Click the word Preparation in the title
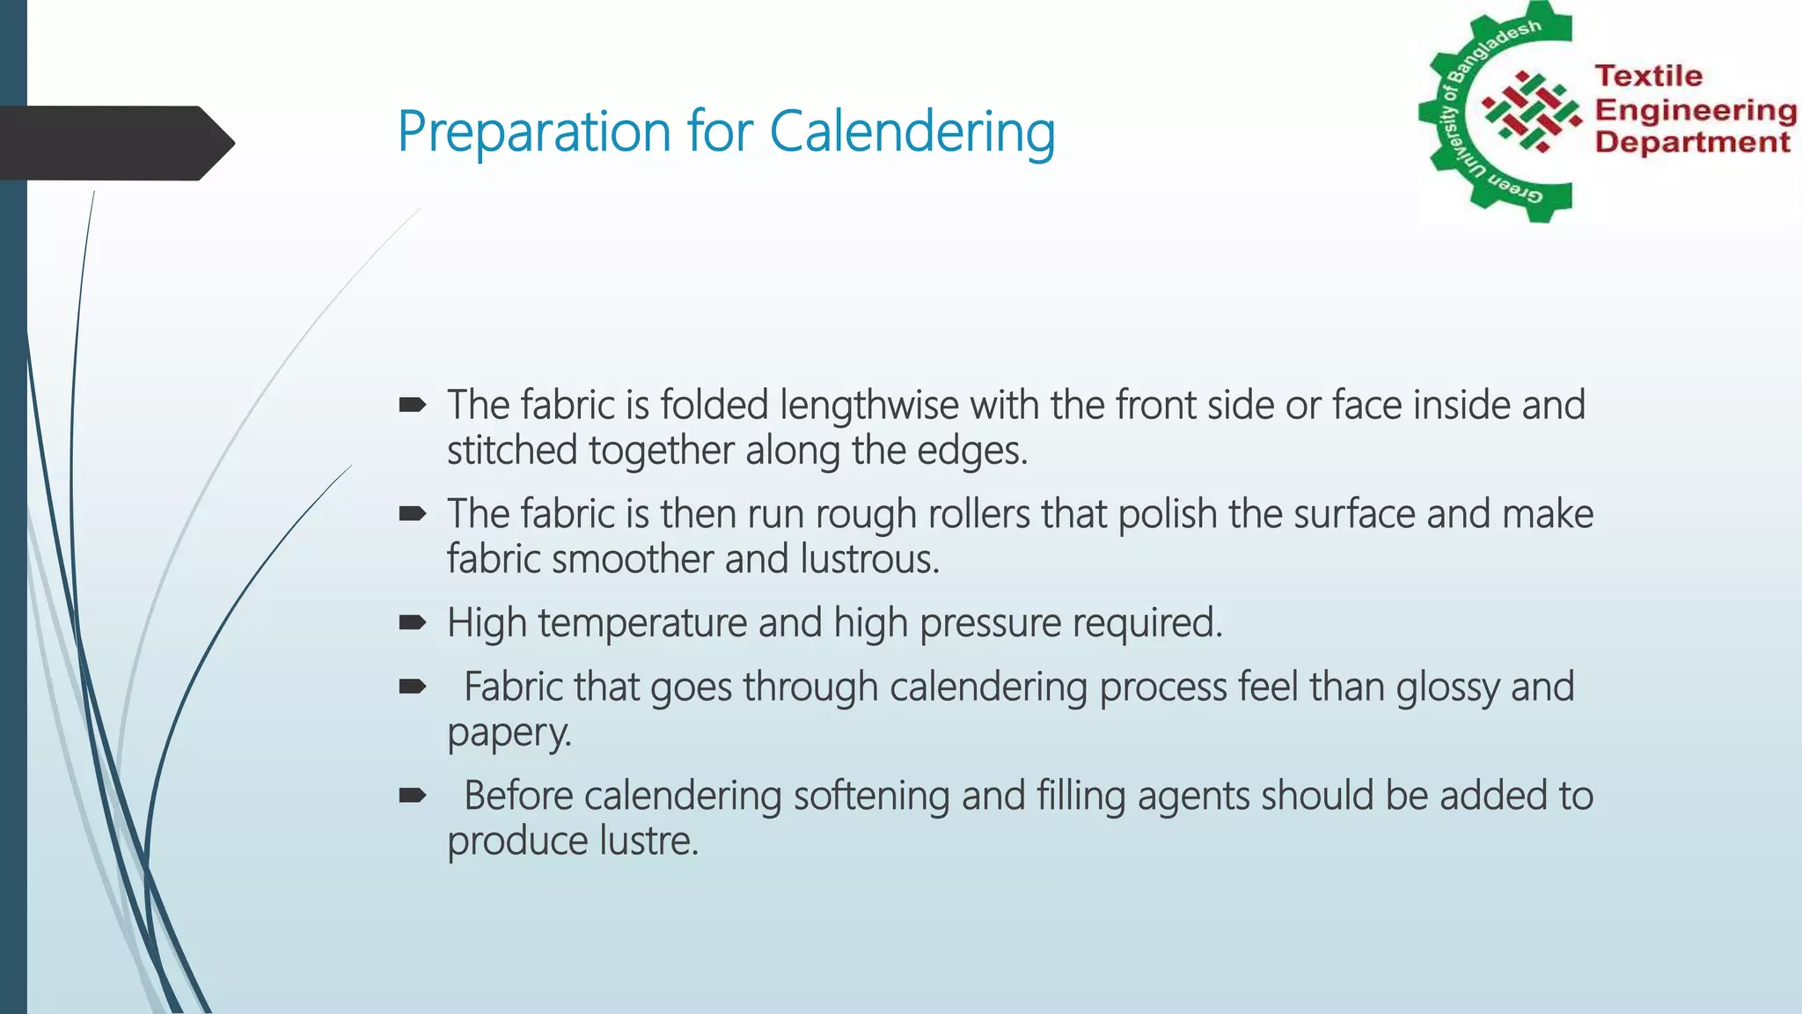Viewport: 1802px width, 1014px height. pyautogui.click(x=535, y=132)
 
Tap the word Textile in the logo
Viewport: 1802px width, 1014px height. pyautogui.click(x=1648, y=76)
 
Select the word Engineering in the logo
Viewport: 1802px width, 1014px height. pyautogui.click(x=1696, y=110)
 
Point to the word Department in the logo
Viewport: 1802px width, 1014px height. pyautogui.click(x=1692, y=142)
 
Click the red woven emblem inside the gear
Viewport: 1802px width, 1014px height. pyautogui.click(x=1532, y=112)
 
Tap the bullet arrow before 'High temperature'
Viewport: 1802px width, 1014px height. pyautogui.click(x=412, y=623)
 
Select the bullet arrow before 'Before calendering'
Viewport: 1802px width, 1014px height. pyautogui.click(x=412, y=796)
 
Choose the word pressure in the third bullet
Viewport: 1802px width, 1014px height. pyautogui.click(x=990, y=623)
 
